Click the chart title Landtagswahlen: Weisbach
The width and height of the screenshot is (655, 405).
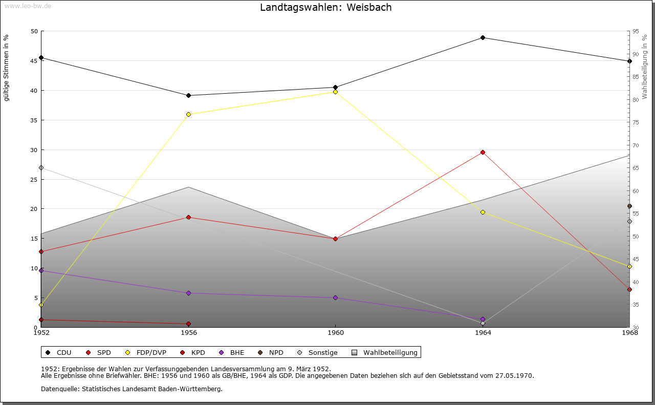coord(326,7)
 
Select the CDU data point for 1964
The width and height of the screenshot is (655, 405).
coord(483,37)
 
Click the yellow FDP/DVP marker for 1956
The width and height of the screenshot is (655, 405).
coord(188,114)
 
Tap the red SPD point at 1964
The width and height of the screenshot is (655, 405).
coord(483,152)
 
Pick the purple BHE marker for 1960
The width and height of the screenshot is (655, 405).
coord(335,297)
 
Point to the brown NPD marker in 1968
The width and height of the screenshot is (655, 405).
coord(629,206)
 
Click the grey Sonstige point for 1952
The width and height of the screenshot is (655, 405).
coord(41,167)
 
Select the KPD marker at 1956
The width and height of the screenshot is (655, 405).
coord(188,324)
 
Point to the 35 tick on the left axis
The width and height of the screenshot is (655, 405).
coord(34,120)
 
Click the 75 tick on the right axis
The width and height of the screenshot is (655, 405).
coord(636,122)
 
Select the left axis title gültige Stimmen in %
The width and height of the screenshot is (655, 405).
coord(6,68)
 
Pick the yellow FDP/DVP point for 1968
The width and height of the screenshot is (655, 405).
coord(629,266)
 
